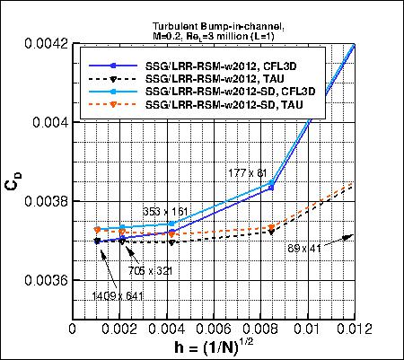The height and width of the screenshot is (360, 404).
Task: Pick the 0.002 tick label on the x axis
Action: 121,330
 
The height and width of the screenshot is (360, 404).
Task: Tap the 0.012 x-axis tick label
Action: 353,330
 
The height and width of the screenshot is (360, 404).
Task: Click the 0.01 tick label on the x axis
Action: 309,330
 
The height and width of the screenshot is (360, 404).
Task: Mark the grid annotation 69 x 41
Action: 305,247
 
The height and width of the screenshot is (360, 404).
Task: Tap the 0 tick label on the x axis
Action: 74,330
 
